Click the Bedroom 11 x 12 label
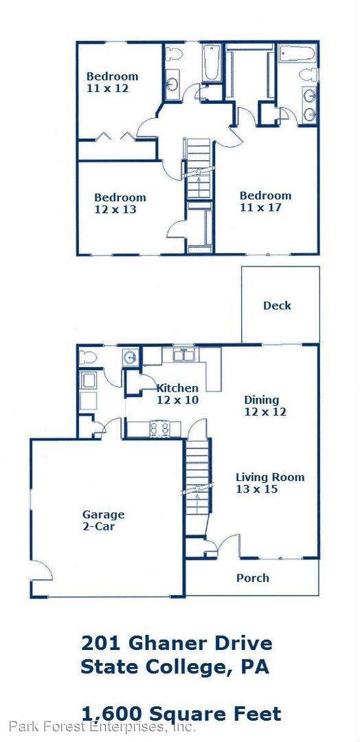click(x=112, y=82)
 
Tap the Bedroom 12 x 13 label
click(x=120, y=203)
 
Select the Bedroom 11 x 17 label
click(x=265, y=201)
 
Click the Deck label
click(x=277, y=306)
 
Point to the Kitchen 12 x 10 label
click(x=177, y=394)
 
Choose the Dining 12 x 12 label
click(x=264, y=406)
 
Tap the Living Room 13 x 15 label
click(x=269, y=483)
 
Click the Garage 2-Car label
click(x=104, y=520)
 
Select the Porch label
click(x=252, y=578)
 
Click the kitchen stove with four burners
click(x=160, y=429)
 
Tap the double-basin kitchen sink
click(x=183, y=355)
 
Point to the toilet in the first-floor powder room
click(x=87, y=357)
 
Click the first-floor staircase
click(x=196, y=474)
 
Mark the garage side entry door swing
click(x=41, y=570)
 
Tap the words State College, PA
click(x=175, y=666)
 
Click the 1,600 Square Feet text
click(x=181, y=713)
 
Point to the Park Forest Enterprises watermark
click(x=102, y=726)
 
